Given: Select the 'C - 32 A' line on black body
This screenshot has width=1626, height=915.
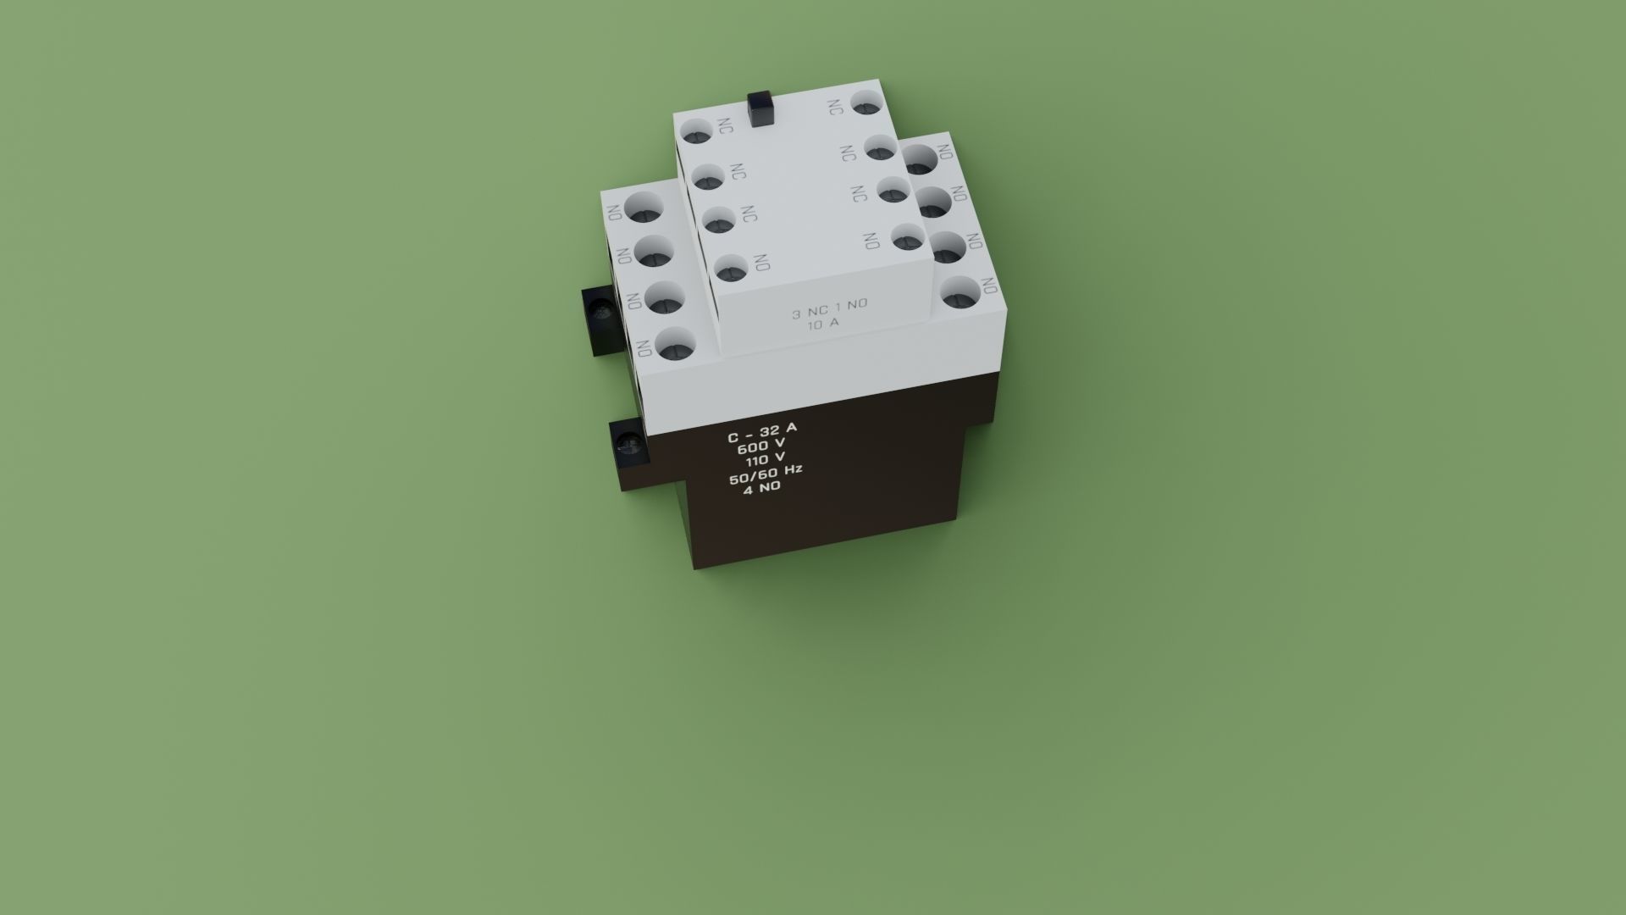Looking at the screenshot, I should coord(762,434).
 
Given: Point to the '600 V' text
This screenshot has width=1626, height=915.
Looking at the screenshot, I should coord(761,446).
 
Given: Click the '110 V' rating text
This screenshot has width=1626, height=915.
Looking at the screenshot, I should coord(765,461).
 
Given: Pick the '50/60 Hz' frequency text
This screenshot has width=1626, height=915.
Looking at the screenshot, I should coord(766,474).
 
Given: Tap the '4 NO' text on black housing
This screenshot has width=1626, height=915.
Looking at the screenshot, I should coord(762,488).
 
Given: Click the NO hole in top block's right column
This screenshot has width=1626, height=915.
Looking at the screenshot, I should coord(906,239).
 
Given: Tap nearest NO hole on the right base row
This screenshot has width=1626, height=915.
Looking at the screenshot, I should coord(960,294).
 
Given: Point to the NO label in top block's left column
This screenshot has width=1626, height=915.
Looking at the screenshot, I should coord(761,263).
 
